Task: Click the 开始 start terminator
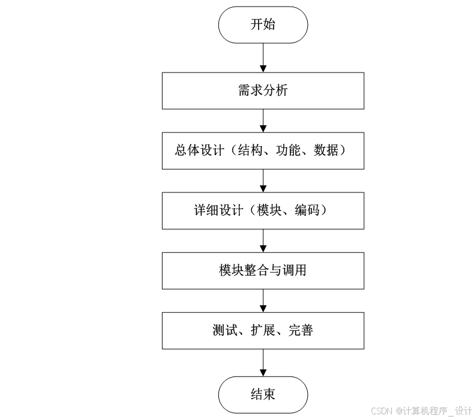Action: pyautogui.click(x=263, y=25)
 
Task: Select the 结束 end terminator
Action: pyautogui.click(x=263, y=394)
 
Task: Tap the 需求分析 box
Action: pyautogui.click(x=263, y=91)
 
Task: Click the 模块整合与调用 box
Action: pyautogui.click(x=263, y=270)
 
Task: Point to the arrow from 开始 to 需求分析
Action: pyautogui.click(x=263, y=58)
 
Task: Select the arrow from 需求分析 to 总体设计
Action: pyautogui.click(x=263, y=120)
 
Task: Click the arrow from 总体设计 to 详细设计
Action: pyautogui.click(x=263, y=180)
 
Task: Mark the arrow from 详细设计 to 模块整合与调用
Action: pyautogui.click(x=263, y=240)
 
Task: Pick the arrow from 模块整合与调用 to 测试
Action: pyautogui.click(x=263, y=300)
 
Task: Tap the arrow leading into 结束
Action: pyautogui.click(x=263, y=363)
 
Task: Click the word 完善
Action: pyautogui.click(x=301, y=330)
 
